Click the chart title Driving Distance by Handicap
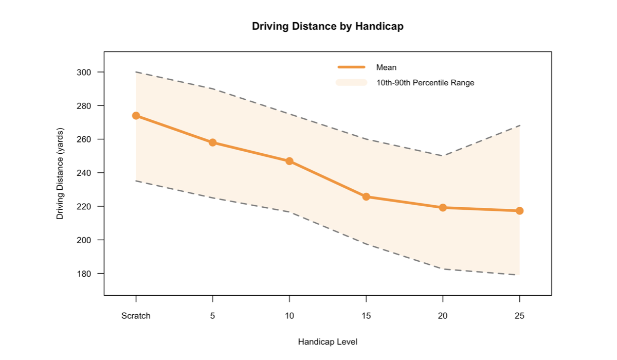point(328,26)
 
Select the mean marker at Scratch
point(136,116)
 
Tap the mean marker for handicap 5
point(212,142)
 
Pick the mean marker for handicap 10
point(289,161)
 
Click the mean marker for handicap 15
point(366,196)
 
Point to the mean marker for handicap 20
point(443,208)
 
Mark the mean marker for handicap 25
point(519,211)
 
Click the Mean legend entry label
point(386,67)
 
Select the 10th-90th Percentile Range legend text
point(425,83)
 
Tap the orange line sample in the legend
point(351,67)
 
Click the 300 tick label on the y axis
point(83,72)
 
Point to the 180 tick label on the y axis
point(83,274)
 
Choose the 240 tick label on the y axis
point(83,173)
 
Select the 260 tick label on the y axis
point(83,139)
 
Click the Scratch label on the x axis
point(136,316)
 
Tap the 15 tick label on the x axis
point(366,316)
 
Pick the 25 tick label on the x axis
point(519,316)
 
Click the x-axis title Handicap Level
point(328,342)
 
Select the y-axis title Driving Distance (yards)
point(60,173)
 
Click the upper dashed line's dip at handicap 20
point(443,156)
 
